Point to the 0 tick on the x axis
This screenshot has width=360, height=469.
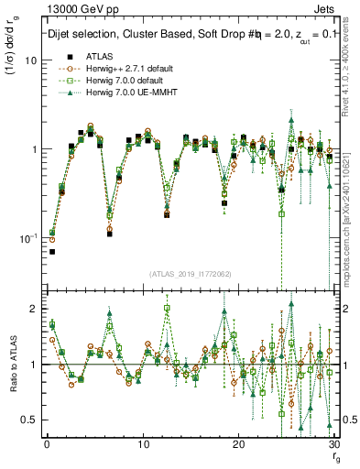click(46, 444)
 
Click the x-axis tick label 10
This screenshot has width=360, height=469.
click(142, 444)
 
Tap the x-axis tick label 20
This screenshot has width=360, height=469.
click(238, 444)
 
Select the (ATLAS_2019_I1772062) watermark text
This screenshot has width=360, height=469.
click(190, 274)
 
